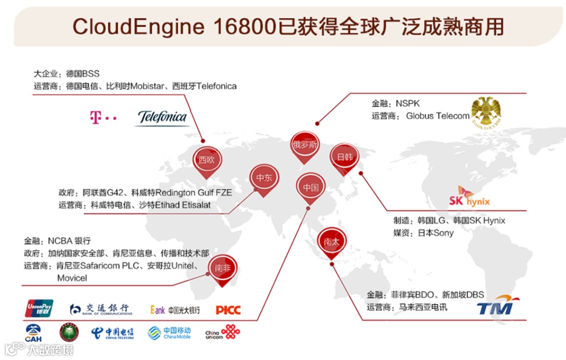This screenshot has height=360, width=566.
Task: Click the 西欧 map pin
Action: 206,159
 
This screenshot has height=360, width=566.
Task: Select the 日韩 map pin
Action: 344,157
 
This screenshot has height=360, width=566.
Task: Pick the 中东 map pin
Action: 264,178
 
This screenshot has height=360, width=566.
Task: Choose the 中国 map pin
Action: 310,188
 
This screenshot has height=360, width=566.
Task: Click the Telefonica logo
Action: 162,117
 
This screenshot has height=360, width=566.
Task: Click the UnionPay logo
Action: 39,309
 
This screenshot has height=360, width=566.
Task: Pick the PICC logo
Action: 228,310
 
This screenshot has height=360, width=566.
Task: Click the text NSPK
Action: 408,103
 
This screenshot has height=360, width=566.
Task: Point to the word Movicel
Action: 72,278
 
